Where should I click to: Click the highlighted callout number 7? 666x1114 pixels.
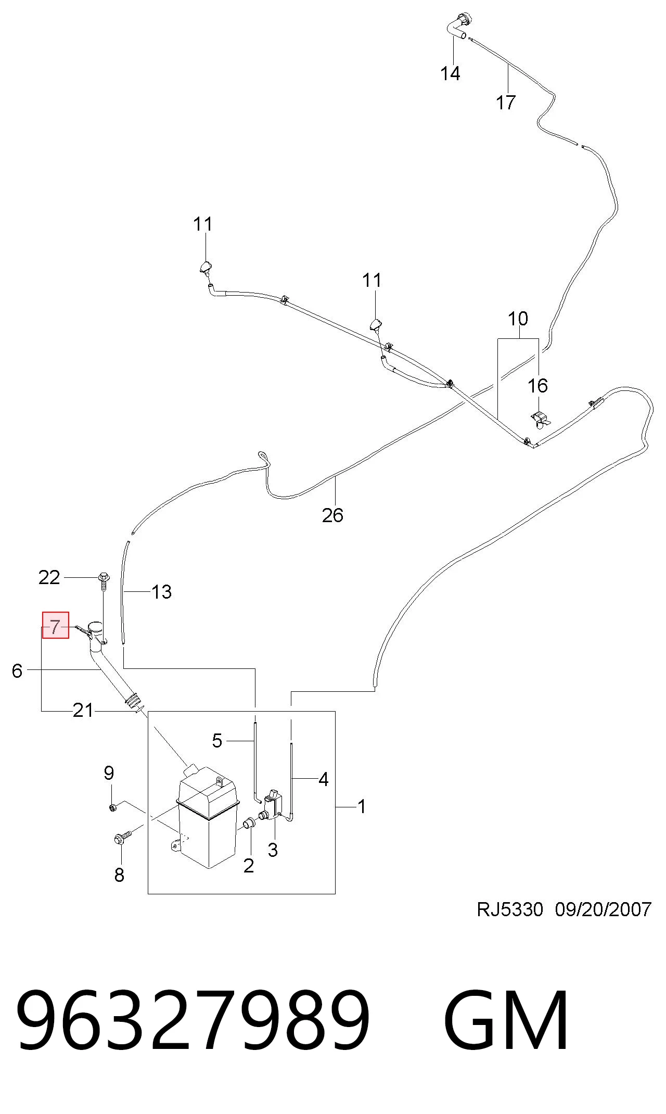(55, 626)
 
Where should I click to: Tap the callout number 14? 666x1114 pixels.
(450, 73)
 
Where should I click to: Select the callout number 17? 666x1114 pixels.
(506, 103)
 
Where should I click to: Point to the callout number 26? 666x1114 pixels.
(332, 515)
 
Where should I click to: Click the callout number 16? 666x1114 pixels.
(537, 386)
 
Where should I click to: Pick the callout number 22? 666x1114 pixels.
(49, 577)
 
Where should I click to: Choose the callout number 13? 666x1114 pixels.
(161, 592)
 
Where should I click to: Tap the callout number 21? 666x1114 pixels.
(83, 710)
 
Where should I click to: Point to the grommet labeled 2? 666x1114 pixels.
(249, 823)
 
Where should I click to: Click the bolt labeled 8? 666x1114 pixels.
(123, 837)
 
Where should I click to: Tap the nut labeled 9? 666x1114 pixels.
(112, 807)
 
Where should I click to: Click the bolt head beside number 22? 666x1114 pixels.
(103, 577)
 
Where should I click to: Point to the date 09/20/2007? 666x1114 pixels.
(603, 909)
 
